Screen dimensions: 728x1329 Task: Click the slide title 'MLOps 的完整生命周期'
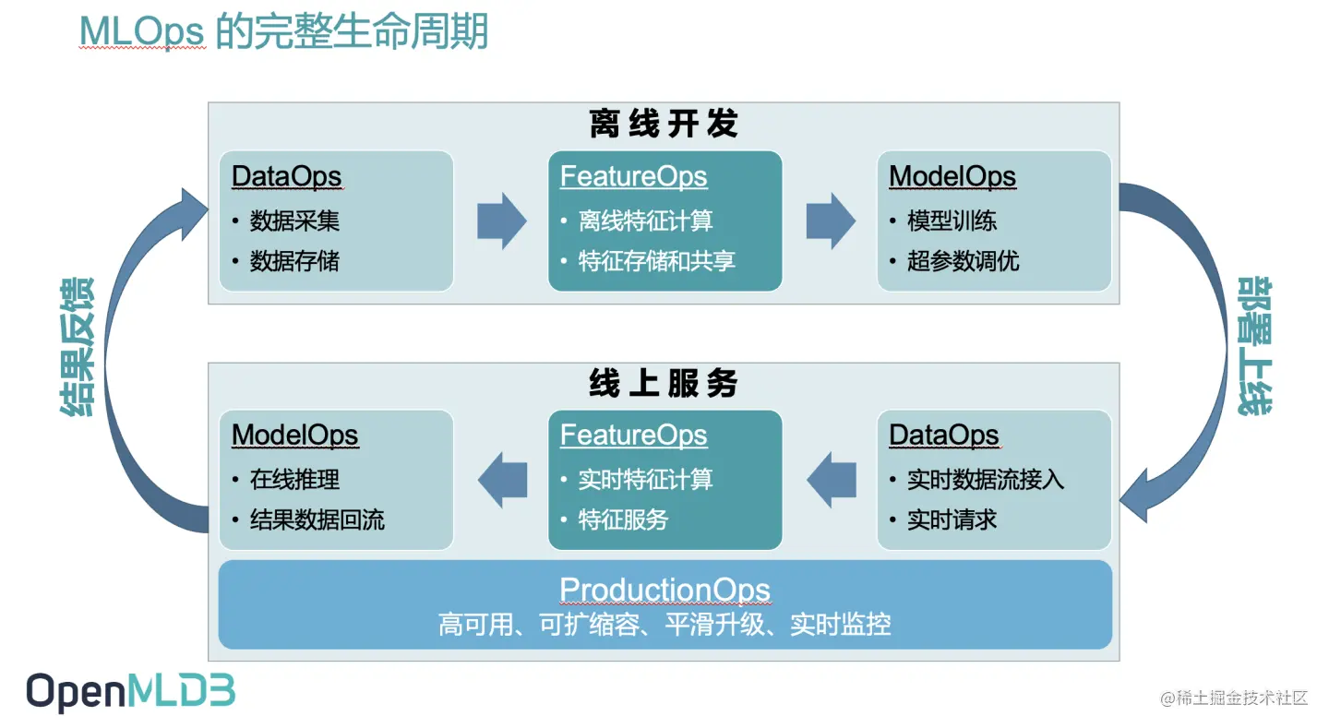[x=283, y=32]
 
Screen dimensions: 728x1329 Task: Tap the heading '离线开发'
[x=664, y=125]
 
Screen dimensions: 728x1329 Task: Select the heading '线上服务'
[x=664, y=384]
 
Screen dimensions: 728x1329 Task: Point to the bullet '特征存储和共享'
[x=656, y=262]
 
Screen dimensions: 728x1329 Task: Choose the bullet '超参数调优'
[x=963, y=262]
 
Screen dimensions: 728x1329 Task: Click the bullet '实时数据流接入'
[x=986, y=480]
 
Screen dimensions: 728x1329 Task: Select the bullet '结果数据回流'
[x=317, y=520]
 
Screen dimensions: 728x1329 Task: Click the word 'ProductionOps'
[x=664, y=590]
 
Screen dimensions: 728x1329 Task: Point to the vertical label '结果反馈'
[x=78, y=346]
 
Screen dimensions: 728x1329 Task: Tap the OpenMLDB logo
[x=130, y=692]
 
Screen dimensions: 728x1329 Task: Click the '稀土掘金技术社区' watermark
[x=1234, y=698]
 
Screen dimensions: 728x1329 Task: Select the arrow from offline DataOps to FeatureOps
[x=501, y=221]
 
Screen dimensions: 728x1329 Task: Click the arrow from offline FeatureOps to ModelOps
[x=830, y=221]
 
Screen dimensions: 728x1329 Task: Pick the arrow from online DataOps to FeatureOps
[x=832, y=480]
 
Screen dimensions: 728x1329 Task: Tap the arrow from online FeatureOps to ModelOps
[x=503, y=480]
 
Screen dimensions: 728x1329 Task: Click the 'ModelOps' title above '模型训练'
[x=952, y=176]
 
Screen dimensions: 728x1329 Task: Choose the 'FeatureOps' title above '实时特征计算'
[x=633, y=436]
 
